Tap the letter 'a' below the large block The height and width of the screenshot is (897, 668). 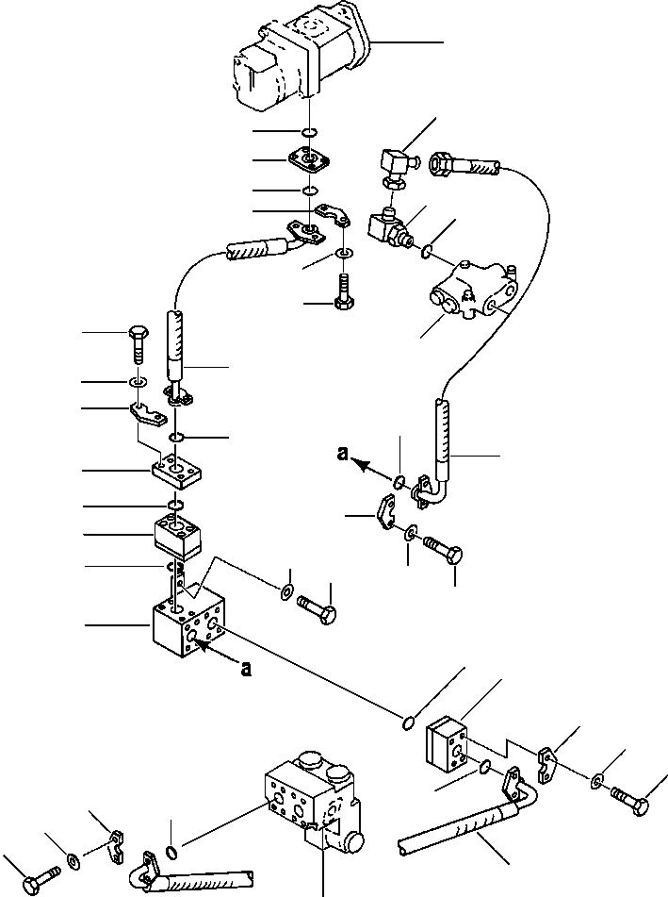click(246, 671)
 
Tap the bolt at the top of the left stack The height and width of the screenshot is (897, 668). click(136, 343)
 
